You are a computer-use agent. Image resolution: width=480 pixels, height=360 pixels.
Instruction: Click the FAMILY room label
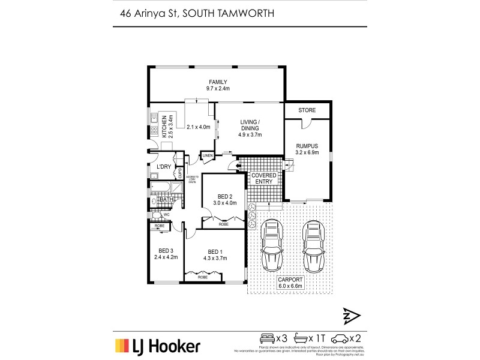click(217, 82)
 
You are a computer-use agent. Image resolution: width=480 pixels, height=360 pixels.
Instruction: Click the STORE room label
click(307, 110)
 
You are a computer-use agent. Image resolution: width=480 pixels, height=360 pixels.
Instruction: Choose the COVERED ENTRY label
click(263, 178)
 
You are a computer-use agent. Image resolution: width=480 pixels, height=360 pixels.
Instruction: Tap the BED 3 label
click(166, 251)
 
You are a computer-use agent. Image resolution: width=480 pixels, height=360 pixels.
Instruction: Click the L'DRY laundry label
click(164, 167)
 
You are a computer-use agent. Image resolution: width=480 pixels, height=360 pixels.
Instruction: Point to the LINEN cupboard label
click(208, 156)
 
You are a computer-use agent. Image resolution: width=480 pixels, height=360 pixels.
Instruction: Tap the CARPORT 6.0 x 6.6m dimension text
click(290, 284)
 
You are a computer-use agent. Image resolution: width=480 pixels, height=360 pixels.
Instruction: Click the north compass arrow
click(350, 316)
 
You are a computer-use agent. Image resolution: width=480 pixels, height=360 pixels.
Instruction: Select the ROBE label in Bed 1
click(203, 278)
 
